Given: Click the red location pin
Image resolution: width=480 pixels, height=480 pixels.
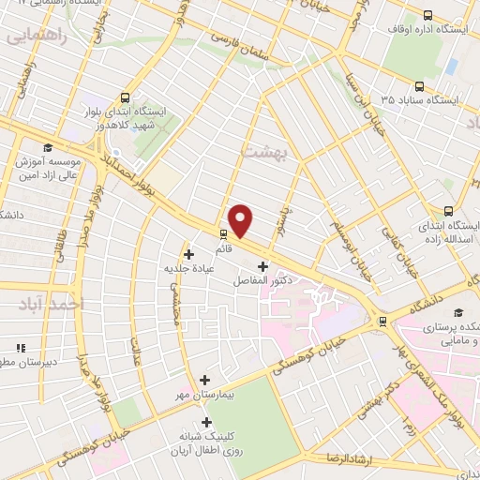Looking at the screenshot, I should coord(241,220).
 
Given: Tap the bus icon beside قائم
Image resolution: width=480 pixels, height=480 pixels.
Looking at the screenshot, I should coord(223,234).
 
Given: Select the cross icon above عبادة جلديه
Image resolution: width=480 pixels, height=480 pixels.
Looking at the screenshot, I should coord(188,253).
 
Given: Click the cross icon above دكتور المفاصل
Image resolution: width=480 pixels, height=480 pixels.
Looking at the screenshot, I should coord(262,266).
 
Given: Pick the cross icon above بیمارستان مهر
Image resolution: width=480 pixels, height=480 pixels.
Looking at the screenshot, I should coord(205,380).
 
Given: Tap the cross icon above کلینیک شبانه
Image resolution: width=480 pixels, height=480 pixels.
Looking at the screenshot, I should coord(205,422).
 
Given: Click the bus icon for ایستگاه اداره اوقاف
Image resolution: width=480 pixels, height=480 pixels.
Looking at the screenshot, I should coord(428,15).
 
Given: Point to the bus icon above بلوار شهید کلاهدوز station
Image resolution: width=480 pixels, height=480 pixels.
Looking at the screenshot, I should coord(125,97).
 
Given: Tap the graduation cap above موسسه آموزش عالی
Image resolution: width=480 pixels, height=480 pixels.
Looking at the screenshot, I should coord(47,147).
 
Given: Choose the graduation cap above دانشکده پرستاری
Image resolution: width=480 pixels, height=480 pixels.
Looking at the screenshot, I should coord(457,313).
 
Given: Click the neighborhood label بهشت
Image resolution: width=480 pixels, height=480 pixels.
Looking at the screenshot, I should coord(262,150).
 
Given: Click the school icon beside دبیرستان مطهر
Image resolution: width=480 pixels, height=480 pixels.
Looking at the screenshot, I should coord(21,349).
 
